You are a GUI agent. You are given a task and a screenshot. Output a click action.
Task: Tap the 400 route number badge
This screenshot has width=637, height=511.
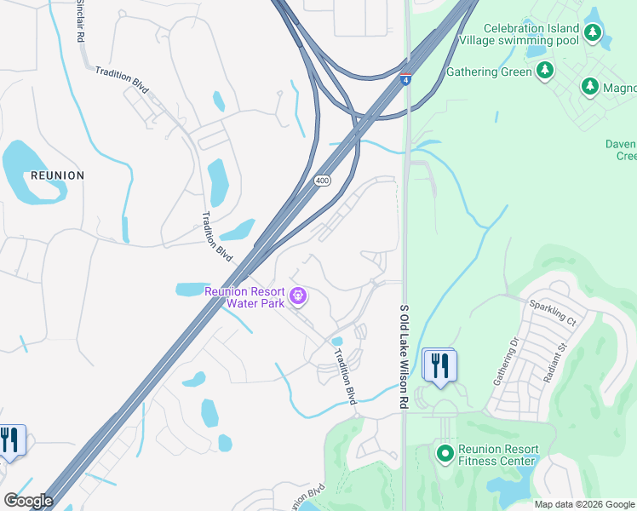click(322, 181)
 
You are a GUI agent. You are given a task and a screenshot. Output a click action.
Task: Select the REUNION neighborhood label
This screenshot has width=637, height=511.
click(57, 175)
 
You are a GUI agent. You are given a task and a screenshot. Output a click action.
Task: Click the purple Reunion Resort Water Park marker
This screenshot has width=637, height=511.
click(297, 296)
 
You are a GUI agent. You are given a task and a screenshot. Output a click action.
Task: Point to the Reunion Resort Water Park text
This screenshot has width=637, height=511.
click(244, 296)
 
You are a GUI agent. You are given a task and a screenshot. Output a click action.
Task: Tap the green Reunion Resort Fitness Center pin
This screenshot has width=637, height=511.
click(444, 454)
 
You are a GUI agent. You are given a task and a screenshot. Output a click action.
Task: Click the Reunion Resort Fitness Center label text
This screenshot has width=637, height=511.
click(498, 455)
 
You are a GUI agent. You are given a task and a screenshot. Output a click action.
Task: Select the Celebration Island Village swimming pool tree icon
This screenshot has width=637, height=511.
click(592, 34)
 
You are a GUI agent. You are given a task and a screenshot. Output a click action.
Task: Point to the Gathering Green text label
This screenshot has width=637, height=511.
click(488, 72)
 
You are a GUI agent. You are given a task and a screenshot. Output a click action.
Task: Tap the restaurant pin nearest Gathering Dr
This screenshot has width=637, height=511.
click(439, 365)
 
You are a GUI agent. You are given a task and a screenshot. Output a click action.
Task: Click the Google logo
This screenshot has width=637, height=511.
click(28, 501)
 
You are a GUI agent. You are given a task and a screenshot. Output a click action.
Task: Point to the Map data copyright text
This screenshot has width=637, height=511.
click(584, 504)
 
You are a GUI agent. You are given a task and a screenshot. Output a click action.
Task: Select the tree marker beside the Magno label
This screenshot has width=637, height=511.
click(589, 87)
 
